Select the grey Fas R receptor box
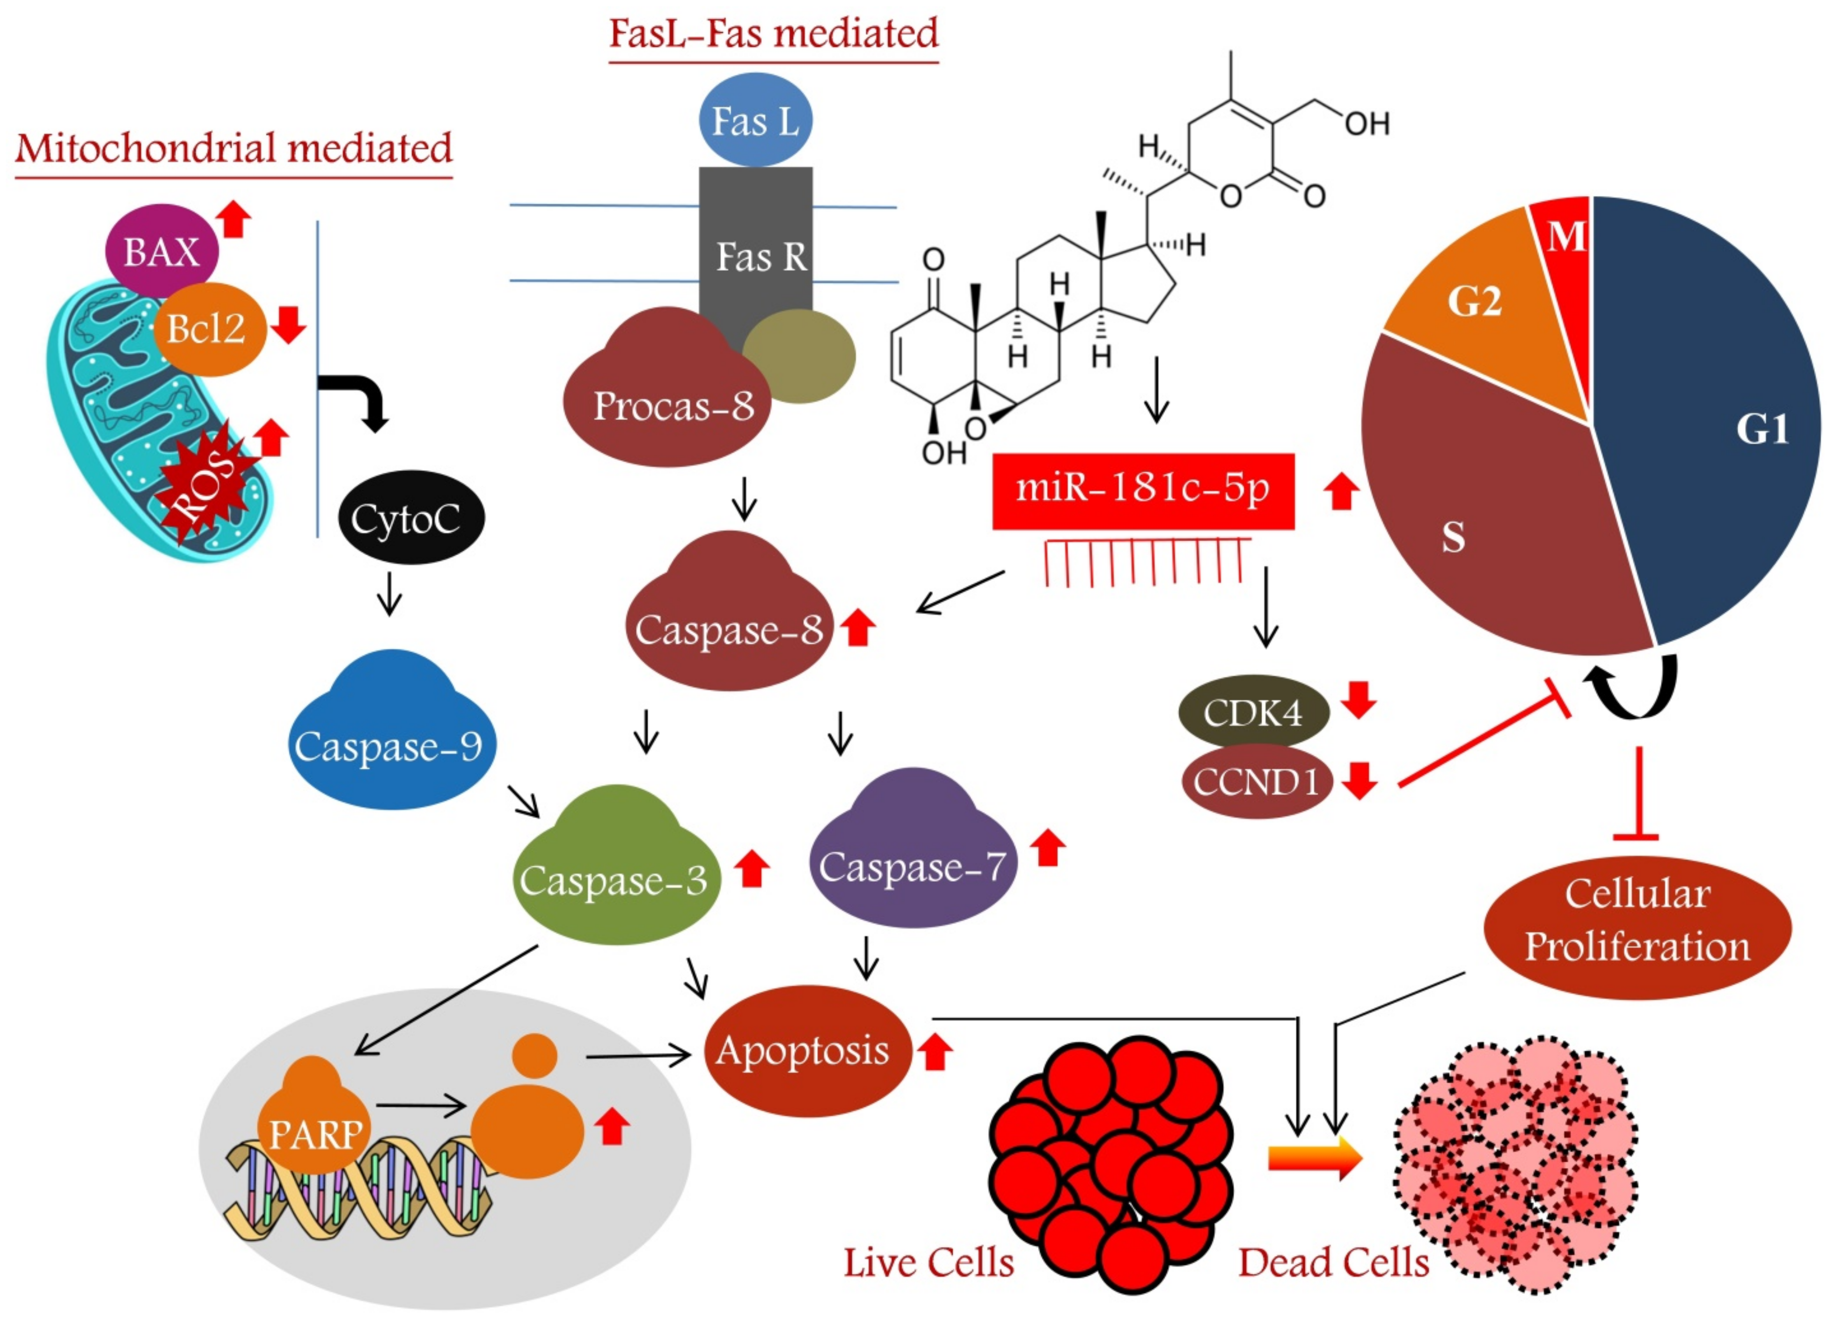click(x=756, y=243)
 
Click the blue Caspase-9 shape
click(x=391, y=740)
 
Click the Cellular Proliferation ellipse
click(x=1637, y=922)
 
